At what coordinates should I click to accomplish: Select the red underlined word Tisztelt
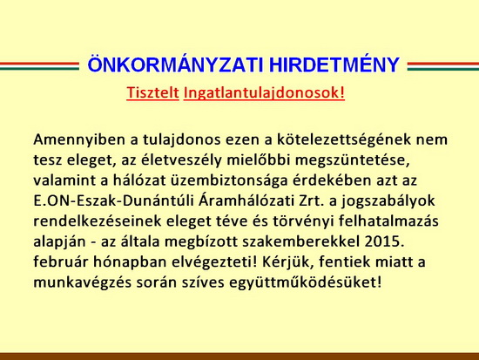pyautogui.click(x=152, y=92)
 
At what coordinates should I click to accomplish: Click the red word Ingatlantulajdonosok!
pyautogui.click(x=264, y=93)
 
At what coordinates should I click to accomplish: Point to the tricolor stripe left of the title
pyautogui.click(x=39, y=65)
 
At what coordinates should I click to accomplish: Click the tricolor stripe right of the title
pyautogui.click(x=443, y=65)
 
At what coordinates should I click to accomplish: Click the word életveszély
pyautogui.click(x=180, y=160)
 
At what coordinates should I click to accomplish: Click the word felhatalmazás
pyautogui.click(x=388, y=221)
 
